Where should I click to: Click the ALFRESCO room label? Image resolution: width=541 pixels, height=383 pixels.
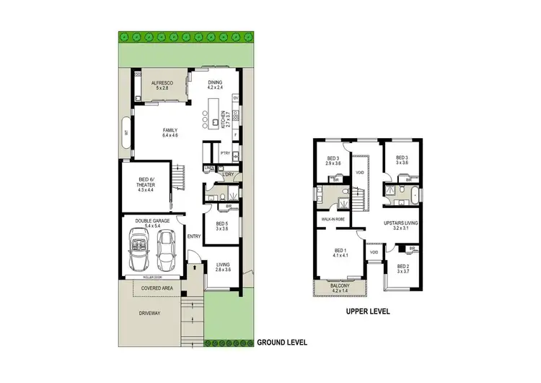click(x=159, y=86)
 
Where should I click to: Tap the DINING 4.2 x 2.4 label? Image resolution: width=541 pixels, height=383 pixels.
click(x=214, y=85)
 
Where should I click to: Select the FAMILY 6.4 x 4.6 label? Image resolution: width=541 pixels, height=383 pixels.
click(x=170, y=133)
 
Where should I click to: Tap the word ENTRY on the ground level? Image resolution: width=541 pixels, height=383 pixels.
click(x=193, y=236)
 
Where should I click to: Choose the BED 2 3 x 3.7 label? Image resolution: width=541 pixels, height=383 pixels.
click(x=403, y=269)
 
